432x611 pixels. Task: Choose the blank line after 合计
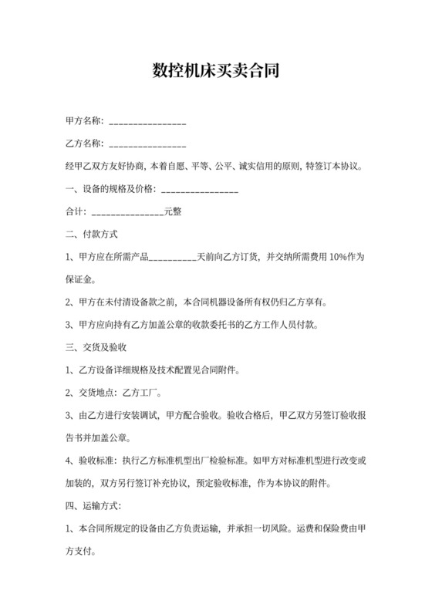127,211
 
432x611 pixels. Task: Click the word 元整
172,211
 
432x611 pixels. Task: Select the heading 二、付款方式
92,234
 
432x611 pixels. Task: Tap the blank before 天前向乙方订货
171,257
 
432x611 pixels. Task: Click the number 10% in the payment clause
339,257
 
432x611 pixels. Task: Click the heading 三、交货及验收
97,347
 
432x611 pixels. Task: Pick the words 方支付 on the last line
79,552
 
